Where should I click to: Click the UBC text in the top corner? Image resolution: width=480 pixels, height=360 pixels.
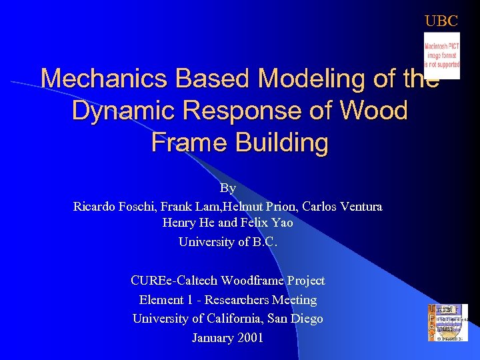pos(441,21)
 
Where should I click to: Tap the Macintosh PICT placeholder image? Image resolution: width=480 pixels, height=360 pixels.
pos(441,56)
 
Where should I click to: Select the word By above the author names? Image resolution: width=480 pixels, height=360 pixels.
pos(228,189)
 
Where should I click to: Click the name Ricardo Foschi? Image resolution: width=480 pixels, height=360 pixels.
pos(111,207)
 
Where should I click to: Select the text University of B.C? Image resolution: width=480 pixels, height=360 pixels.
pos(228,242)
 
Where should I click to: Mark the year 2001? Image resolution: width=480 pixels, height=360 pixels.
pos(249,338)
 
